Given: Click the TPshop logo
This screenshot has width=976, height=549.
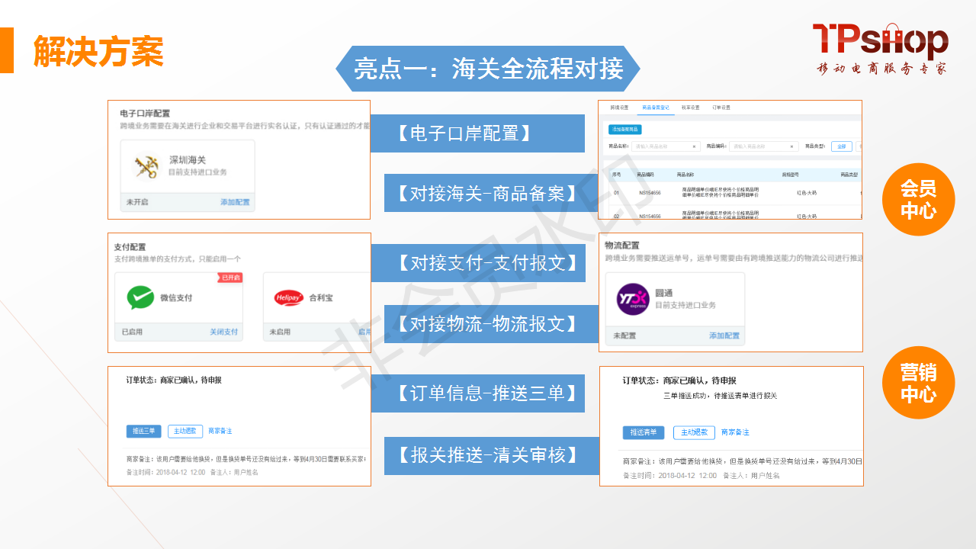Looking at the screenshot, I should (880, 47).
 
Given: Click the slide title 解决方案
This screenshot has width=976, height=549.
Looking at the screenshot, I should (98, 51).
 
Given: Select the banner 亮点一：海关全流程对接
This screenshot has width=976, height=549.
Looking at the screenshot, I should (488, 69).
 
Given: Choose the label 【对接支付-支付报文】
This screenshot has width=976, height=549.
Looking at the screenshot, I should (484, 263).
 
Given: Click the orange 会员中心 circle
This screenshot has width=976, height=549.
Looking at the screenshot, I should (918, 200).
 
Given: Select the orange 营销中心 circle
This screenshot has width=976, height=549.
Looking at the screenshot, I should (918, 384).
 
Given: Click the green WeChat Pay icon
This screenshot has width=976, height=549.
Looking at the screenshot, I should (140, 297).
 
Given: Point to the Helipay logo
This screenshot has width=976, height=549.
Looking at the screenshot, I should (289, 298).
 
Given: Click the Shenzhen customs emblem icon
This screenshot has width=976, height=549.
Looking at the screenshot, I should (146, 165).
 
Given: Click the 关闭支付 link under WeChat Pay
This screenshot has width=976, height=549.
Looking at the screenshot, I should (224, 332).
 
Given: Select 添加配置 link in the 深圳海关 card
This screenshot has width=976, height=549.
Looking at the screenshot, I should (235, 202).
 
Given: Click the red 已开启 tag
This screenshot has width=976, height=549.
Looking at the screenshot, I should (230, 278).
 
